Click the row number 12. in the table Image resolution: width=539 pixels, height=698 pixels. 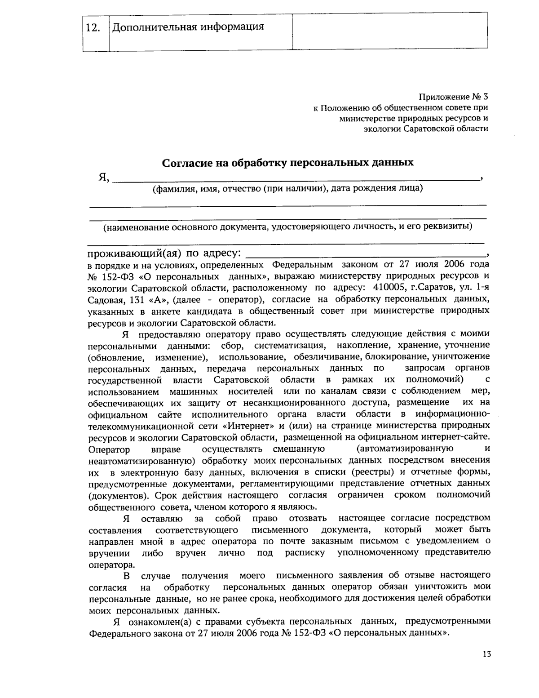click(x=93, y=28)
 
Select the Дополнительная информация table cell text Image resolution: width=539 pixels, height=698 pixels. click(x=188, y=27)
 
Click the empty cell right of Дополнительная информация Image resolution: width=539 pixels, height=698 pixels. click(x=389, y=30)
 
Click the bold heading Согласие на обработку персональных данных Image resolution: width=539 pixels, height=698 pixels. click(x=287, y=162)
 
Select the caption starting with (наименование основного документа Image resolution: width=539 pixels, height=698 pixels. click(x=287, y=227)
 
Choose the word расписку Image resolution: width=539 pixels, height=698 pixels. click(x=305, y=552)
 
